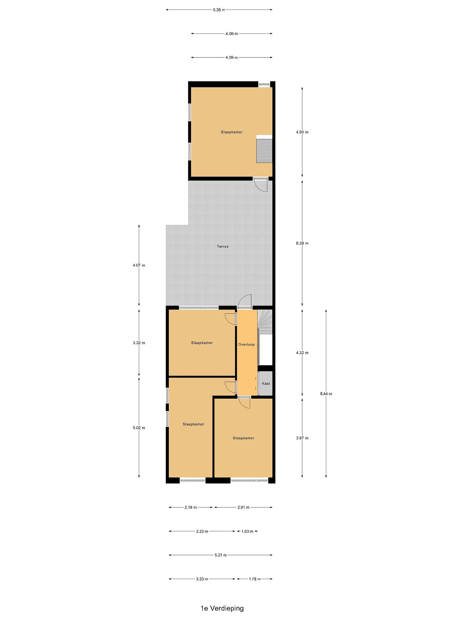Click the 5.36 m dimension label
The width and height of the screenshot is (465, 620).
[x=219, y=10]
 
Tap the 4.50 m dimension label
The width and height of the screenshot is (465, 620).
[x=302, y=132]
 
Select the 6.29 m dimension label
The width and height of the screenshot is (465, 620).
[x=302, y=243]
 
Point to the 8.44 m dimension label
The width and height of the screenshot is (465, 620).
[x=326, y=394]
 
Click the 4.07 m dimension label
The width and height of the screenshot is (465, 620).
[x=139, y=265]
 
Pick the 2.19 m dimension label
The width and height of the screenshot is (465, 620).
[x=191, y=507]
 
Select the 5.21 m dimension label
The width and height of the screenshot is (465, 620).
[x=221, y=555]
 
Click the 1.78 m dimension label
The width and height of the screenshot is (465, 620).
[x=255, y=579]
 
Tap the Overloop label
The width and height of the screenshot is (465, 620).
[x=246, y=344]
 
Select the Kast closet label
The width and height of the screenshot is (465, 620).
[x=266, y=383]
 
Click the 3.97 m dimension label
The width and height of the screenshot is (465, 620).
[x=302, y=438]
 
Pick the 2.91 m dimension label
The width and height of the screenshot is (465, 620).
[x=243, y=507]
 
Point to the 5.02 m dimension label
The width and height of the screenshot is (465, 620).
[x=139, y=428]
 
